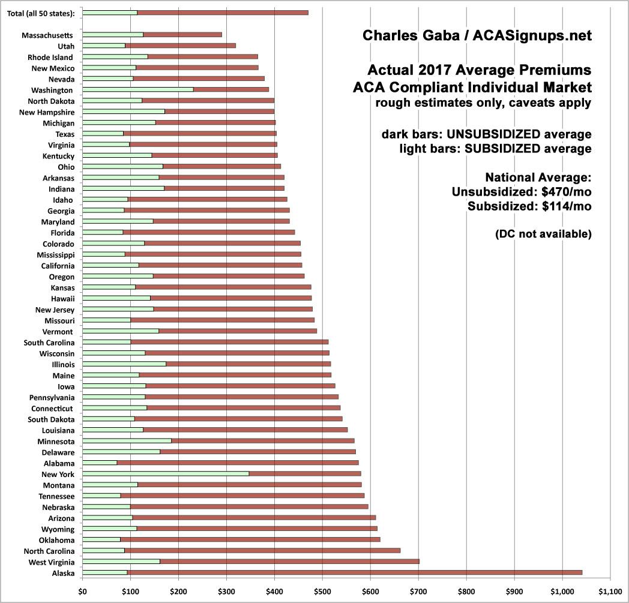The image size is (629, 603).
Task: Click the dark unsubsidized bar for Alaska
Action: (354, 572)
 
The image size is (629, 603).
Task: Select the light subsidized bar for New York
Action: (165, 474)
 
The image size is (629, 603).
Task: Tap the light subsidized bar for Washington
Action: (110, 89)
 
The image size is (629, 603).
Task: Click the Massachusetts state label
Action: (47, 35)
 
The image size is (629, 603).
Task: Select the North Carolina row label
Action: (49, 551)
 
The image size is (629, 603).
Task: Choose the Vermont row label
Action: (58, 331)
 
